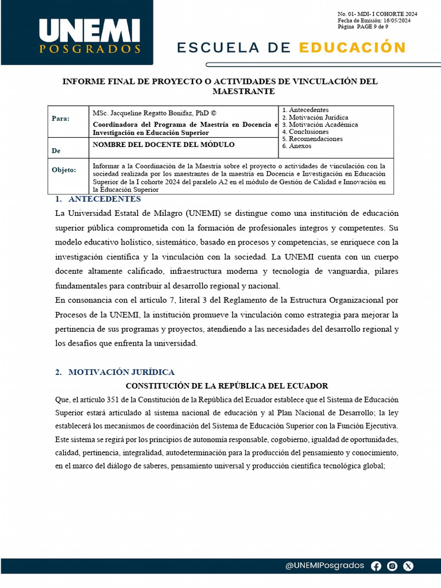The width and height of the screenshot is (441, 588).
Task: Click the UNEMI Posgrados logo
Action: (90, 36)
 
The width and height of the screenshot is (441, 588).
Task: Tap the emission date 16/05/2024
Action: (396, 20)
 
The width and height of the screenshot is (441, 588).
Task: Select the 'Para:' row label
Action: (60, 118)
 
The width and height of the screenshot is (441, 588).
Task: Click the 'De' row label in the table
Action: (56, 150)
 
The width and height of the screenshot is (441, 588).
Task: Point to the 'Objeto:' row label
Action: (64, 170)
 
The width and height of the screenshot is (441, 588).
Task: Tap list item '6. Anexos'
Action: (298, 146)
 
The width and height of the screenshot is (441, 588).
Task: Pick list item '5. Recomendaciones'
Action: (312, 139)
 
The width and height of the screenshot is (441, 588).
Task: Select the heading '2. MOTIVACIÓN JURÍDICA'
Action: (115, 372)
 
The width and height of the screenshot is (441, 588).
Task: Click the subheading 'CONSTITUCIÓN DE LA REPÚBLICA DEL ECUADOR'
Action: (227, 386)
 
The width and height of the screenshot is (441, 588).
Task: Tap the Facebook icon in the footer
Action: (376, 566)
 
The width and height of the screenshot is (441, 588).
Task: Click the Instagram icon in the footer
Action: (392, 566)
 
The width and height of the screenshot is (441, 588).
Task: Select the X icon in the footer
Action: (408, 566)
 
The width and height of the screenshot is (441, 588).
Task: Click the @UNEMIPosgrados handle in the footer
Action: (324, 566)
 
